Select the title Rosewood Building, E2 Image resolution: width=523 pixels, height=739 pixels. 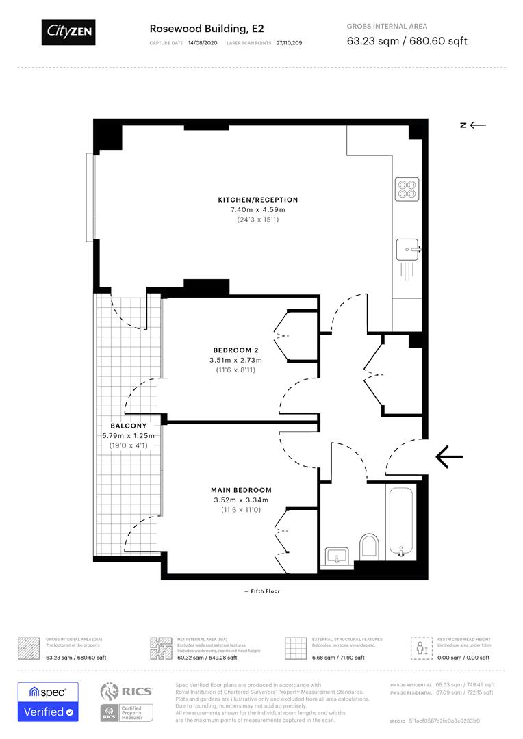[x=207, y=29]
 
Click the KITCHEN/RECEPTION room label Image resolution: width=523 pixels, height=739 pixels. [x=258, y=200]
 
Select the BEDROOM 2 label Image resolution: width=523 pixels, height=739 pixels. [x=235, y=350]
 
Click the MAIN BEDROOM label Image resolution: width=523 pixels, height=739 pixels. [x=240, y=490]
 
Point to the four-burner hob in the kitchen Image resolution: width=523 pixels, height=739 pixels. [x=407, y=188]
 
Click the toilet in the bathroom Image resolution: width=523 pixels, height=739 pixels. [x=369, y=545]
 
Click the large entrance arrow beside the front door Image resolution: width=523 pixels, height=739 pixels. [x=449, y=456]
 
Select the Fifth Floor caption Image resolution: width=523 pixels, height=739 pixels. [x=261, y=591]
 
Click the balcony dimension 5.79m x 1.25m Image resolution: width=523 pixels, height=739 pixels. [x=128, y=435]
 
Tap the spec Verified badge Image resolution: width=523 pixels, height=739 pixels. [x=48, y=701]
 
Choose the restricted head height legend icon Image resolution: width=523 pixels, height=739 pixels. [x=419, y=647]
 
